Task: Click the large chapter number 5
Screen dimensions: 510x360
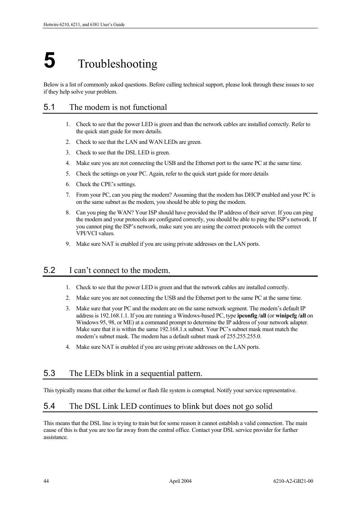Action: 49,61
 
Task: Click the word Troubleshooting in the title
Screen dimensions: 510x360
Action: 118,64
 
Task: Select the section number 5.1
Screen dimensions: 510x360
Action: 49,107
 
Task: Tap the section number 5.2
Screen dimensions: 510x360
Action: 49,270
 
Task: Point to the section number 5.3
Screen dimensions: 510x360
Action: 49,373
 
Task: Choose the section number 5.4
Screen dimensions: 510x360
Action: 49,406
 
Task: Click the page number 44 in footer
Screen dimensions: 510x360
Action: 46,481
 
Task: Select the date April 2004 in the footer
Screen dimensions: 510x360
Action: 180,481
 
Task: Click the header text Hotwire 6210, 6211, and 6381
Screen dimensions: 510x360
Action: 84,25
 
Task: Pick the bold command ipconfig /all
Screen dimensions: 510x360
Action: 251,316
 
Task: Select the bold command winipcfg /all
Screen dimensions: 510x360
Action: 291,316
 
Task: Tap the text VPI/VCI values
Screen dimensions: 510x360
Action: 95,233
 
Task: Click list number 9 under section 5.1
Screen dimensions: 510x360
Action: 68,244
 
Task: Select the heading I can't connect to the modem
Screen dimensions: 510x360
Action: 119,270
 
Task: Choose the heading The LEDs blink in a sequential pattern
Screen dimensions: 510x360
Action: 135,373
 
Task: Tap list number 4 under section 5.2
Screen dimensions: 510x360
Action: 68,347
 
